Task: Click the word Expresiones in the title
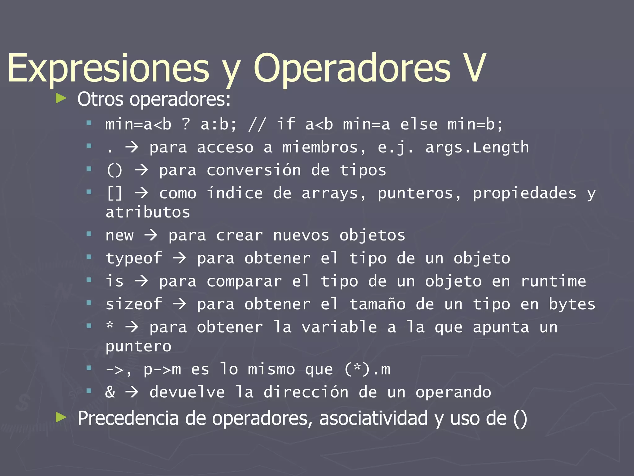pyautogui.click(x=108, y=69)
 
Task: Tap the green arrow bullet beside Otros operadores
pyautogui.click(x=61, y=99)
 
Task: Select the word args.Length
pyautogui.click(x=477, y=148)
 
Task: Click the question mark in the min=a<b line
pyautogui.click(x=186, y=124)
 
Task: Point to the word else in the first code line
pyautogui.click(x=419, y=124)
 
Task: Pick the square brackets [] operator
pyautogui.click(x=115, y=193)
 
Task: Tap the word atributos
pyautogui.click(x=148, y=213)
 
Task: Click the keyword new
pyautogui.click(x=119, y=236)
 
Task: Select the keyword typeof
pyautogui.click(x=134, y=258)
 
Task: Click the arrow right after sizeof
pyautogui.click(x=180, y=304)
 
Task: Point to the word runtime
pyautogui.click(x=553, y=281)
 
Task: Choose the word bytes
pyautogui.click(x=572, y=304)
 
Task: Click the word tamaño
pyautogui.click(x=377, y=304)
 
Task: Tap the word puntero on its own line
pyautogui.click(x=138, y=346)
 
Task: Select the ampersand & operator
pyautogui.click(x=110, y=392)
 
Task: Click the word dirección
pyautogui.click(x=306, y=392)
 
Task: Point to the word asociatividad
pyautogui.click(x=373, y=418)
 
